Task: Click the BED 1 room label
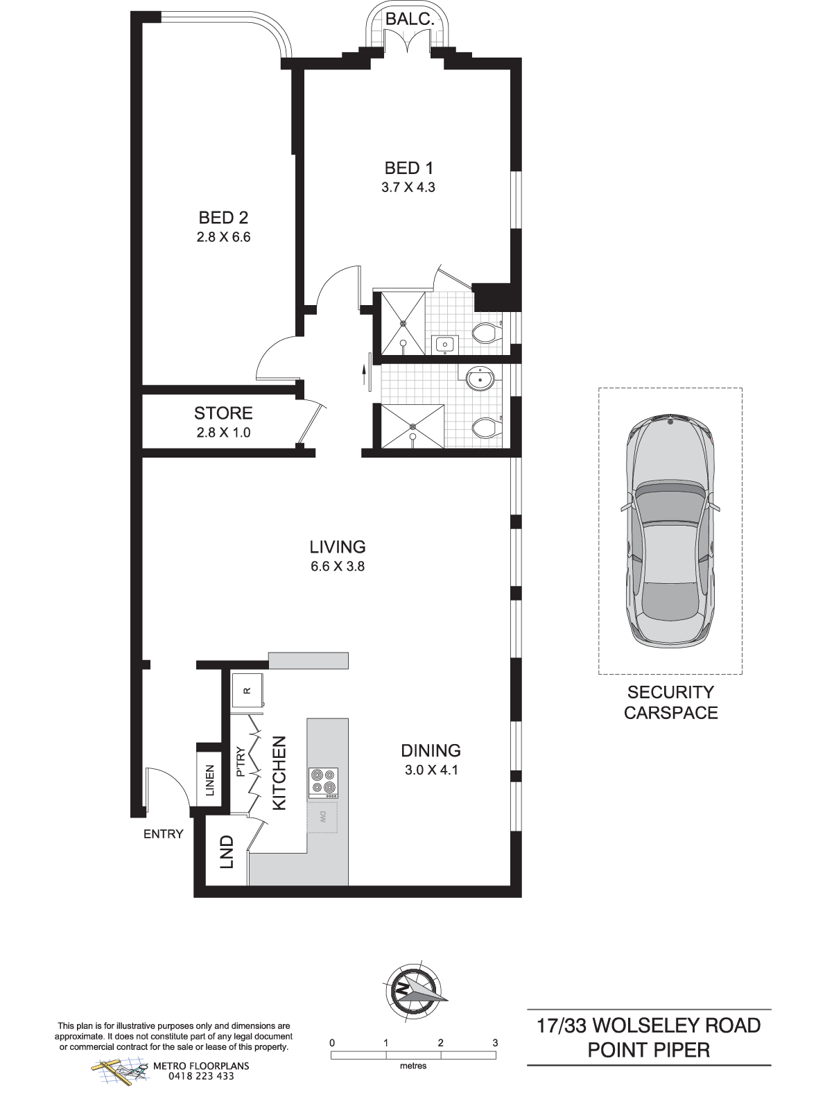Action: pos(408,168)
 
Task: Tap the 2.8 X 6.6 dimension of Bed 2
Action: pos(223,236)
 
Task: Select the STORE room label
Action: pos(223,413)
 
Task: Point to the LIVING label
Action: pos(338,546)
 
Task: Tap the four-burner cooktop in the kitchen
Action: pos(323,783)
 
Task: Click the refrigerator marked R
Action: pos(247,690)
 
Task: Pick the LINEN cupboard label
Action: pos(209,780)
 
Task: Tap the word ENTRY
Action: pos(164,834)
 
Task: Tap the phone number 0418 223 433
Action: pos(201,1075)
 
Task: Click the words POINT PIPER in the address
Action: pos(648,1050)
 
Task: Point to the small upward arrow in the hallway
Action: pos(363,375)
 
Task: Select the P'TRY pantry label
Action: pos(241,762)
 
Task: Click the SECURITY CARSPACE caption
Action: pos(670,702)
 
